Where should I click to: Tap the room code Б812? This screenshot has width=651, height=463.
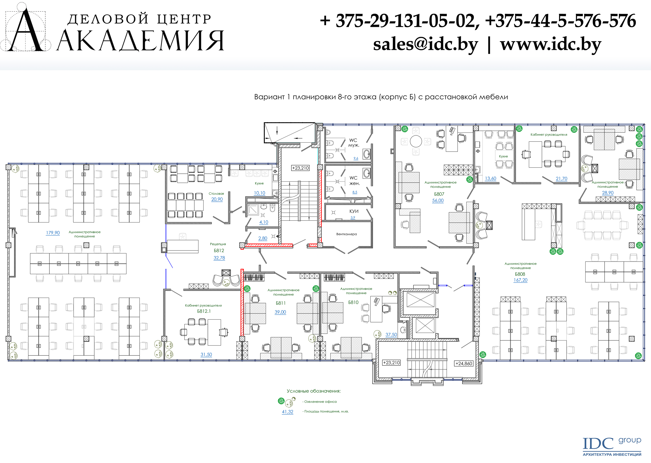click(x=219, y=251)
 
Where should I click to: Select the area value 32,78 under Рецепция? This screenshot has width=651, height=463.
click(x=219, y=258)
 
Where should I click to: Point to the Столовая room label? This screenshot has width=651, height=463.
click(x=216, y=194)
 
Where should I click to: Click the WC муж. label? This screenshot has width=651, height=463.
click(x=354, y=143)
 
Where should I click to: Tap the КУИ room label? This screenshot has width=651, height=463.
click(x=354, y=211)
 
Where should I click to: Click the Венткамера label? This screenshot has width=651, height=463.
click(x=347, y=234)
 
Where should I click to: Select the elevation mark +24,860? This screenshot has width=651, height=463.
click(x=464, y=363)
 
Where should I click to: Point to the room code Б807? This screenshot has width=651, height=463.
click(x=439, y=194)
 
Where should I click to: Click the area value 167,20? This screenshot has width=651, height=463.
click(x=520, y=280)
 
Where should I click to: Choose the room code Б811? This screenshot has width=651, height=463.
click(x=281, y=303)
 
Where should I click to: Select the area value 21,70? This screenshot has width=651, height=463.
click(x=562, y=179)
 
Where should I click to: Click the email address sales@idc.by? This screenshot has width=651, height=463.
click(x=426, y=44)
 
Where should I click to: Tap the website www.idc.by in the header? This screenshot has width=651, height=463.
click(x=551, y=44)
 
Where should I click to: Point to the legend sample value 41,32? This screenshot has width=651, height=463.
click(x=288, y=412)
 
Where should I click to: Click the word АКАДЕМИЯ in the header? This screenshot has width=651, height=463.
click(x=141, y=41)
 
